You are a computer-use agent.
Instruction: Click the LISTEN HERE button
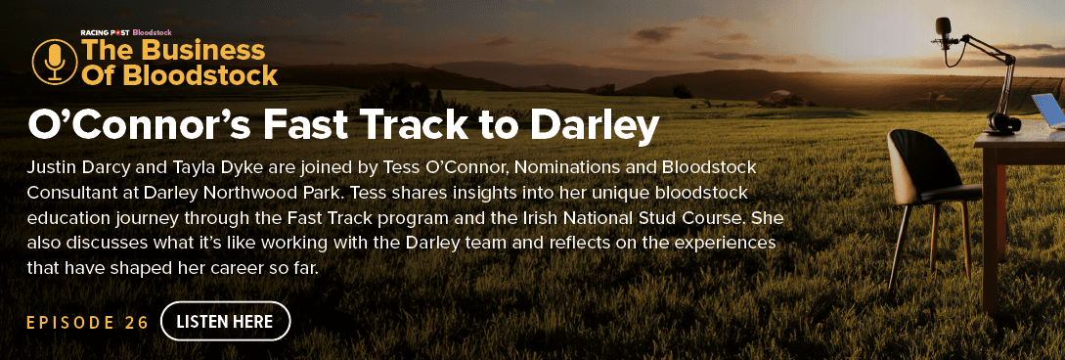click(226, 321)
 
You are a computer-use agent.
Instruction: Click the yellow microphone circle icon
click(55, 61)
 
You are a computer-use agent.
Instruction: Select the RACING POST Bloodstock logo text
click(126, 32)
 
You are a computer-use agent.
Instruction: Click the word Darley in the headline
click(595, 125)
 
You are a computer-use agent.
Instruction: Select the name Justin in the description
click(50, 167)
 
